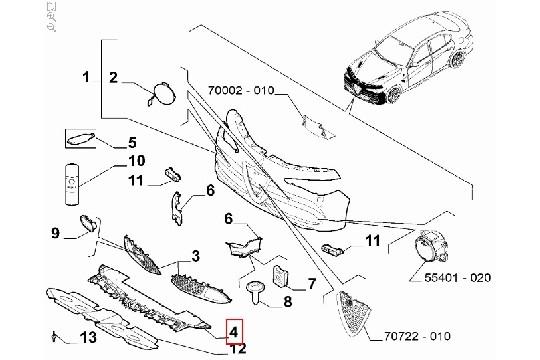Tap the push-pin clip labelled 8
pyautogui.click(x=256, y=291)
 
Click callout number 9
pyautogui.click(x=56, y=234)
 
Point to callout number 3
pyautogui.click(x=195, y=257)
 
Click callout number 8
pyautogui.click(x=288, y=300)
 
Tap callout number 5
pyautogui.click(x=131, y=143)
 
